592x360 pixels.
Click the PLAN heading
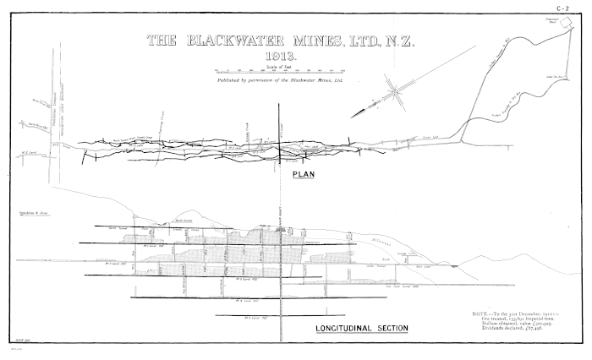point(302,175)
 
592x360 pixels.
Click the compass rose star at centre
point(393,90)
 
